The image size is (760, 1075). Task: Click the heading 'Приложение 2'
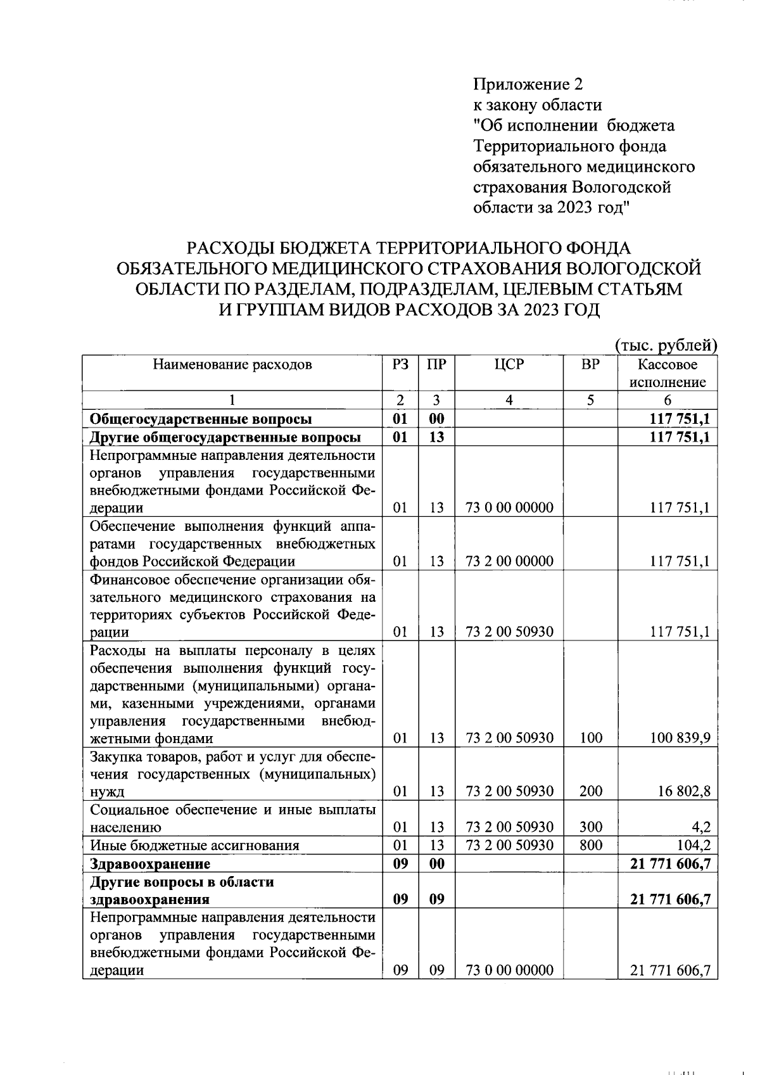pyautogui.click(x=528, y=84)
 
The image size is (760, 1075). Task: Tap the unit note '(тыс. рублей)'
pyautogui.click(x=666, y=345)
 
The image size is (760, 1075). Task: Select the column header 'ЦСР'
pyautogui.click(x=509, y=365)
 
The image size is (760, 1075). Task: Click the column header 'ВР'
pyautogui.click(x=590, y=365)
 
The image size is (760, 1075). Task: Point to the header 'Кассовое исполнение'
pyautogui.click(x=667, y=373)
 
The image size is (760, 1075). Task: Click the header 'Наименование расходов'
pyautogui.click(x=232, y=365)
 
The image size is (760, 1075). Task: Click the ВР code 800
pyautogui.click(x=590, y=845)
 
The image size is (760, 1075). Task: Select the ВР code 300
pyautogui.click(x=590, y=827)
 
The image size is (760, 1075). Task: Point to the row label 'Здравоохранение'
pyautogui.click(x=150, y=863)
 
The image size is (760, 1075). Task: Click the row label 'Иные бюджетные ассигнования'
pyautogui.click(x=194, y=845)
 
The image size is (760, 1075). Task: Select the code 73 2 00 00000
pyautogui.click(x=509, y=561)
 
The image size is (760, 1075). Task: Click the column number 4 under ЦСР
pyautogui.click(x=509, y=400)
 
